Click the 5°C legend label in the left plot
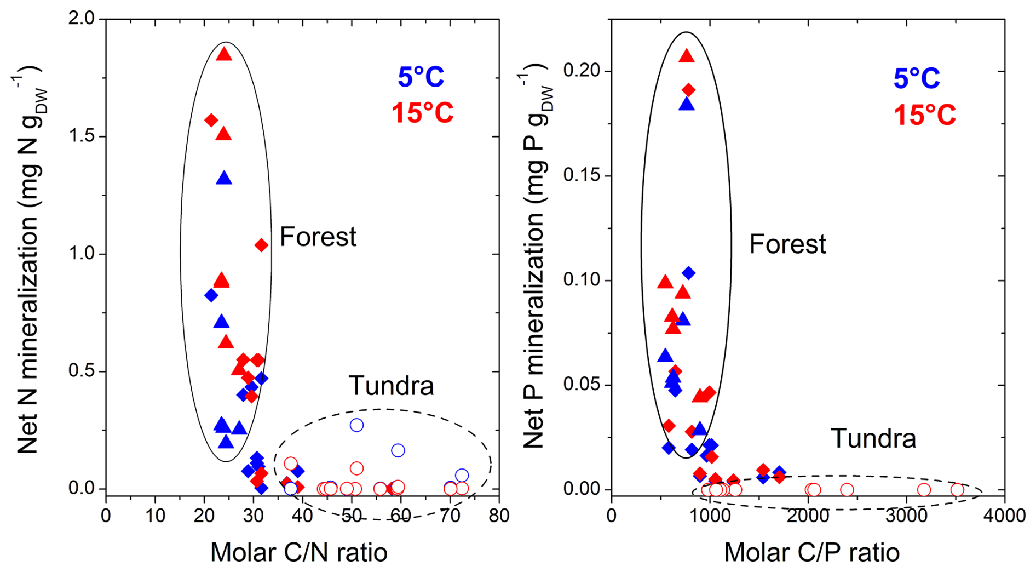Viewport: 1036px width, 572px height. (421, 77)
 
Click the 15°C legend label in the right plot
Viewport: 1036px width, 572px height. (924, 115)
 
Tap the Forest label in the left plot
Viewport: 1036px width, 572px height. (318, 237)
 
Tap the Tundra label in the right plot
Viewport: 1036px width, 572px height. (873, 438)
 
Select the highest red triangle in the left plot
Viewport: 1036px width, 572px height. (224, 54)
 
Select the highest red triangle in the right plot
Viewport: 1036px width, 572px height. (687, 56)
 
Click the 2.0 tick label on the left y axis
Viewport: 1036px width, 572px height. (81, 19)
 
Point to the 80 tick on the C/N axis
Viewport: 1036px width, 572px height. (499, 516)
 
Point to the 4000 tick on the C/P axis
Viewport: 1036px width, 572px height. (1004, 516)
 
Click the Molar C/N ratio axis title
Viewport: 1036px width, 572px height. (298, 552)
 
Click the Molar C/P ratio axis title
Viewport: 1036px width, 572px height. (811, 552)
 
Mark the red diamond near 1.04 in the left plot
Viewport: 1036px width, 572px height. (261, 245)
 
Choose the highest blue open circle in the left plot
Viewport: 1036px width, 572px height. (356, 425)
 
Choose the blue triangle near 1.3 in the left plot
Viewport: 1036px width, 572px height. (224, 178)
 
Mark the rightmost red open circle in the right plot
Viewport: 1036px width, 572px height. (957, 490)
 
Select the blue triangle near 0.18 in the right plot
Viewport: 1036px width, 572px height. (687, 104)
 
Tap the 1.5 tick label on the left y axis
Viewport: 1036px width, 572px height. (81, 136)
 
